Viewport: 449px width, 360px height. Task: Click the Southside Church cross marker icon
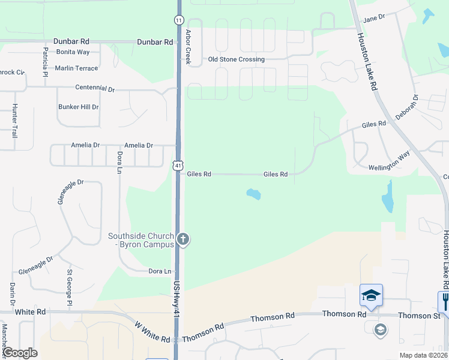pyautogui.click(x=184, y=240)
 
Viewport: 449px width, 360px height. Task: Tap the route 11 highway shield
pyautogui.click(x=179, y=20)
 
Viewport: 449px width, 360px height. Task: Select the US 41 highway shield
pyautogui.click(x=179, y=164)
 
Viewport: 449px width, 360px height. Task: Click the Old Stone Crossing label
pyautogui.click(x=236, y=59)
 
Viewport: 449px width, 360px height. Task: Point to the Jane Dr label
pyautogui.click(x=373, y=19)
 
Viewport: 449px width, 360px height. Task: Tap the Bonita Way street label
pyautogui.click(x=73, y=53)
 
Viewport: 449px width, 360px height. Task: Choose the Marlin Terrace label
pyautogui.click(x=76, y=68)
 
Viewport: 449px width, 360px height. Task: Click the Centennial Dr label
pyautogui.click(x=95, y=88)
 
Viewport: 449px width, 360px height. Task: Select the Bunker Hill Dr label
pyautogui.click(x=79, y=107)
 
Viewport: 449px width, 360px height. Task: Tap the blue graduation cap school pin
pyautogui.click(x=371, y=295)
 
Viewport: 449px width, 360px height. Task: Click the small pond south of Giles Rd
pyautogui.click(x=254, y=194)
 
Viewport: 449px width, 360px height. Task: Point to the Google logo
pyautogui.click(x=19, y=353)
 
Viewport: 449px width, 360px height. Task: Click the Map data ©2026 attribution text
pyautogui.click(x=423, y=355)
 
